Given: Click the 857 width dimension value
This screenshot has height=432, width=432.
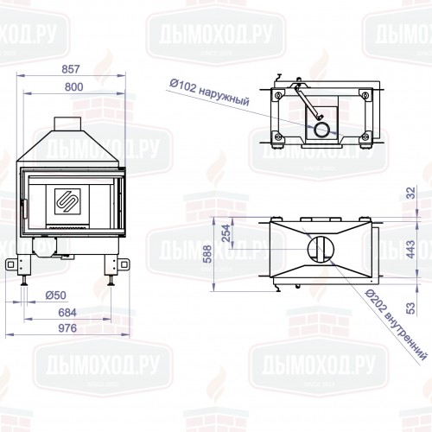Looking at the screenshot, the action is click(x=71, y=69).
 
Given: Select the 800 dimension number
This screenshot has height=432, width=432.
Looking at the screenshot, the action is click(x=74, y=87).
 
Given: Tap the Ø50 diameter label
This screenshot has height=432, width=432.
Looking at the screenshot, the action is click(x=56, y=295).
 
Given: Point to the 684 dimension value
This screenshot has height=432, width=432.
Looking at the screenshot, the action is click(x=67, y=313).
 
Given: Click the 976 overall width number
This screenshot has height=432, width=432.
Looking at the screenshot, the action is click(x=67, y=328).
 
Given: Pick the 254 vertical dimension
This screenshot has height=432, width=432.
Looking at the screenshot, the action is click(x=227, y=233).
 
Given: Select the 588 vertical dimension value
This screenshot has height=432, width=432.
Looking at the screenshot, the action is click(x=206, y=254).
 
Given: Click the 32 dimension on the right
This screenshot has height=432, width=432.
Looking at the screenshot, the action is click(x=411, y=193).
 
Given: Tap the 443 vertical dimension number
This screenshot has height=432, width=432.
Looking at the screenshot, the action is click(x=410, y=249).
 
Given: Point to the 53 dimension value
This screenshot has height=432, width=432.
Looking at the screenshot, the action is click(x=411, y=308).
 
